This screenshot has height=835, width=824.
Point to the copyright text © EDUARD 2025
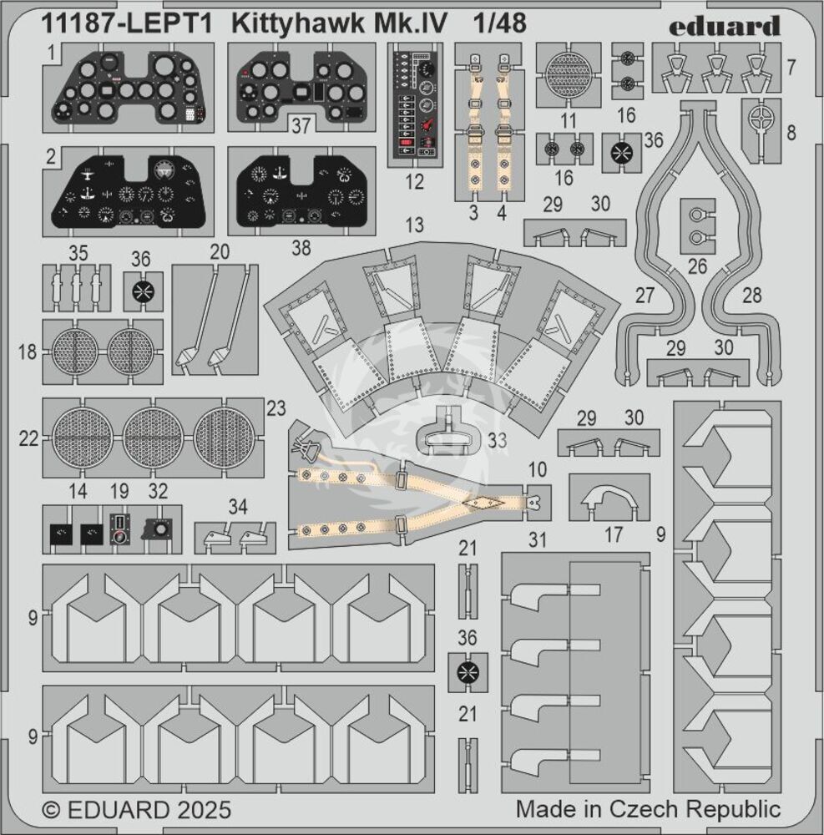[x=135, y=809]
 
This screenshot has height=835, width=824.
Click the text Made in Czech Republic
[x=648, y=809]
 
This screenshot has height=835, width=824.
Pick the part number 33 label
[x=498, y=441]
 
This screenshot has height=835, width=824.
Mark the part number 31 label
[x=538, y=541]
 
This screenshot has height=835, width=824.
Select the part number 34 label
[x=238, y=506]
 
